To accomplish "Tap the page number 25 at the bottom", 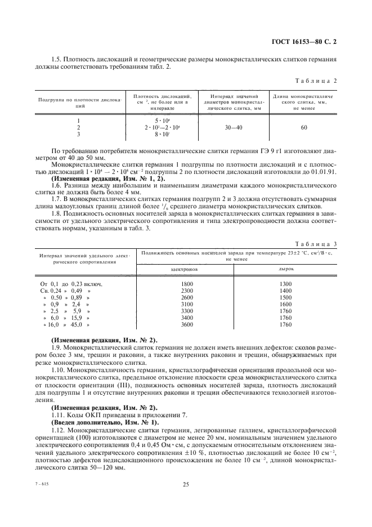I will point(185,484).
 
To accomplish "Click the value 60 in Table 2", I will point(304,128).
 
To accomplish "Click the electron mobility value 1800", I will point(187,283).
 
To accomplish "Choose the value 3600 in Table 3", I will point(187,325).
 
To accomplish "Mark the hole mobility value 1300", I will point(286,283).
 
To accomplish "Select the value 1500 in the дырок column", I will point(286,297).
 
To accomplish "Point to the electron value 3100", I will point(187,304).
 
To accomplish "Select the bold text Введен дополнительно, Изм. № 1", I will point(105,421).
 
